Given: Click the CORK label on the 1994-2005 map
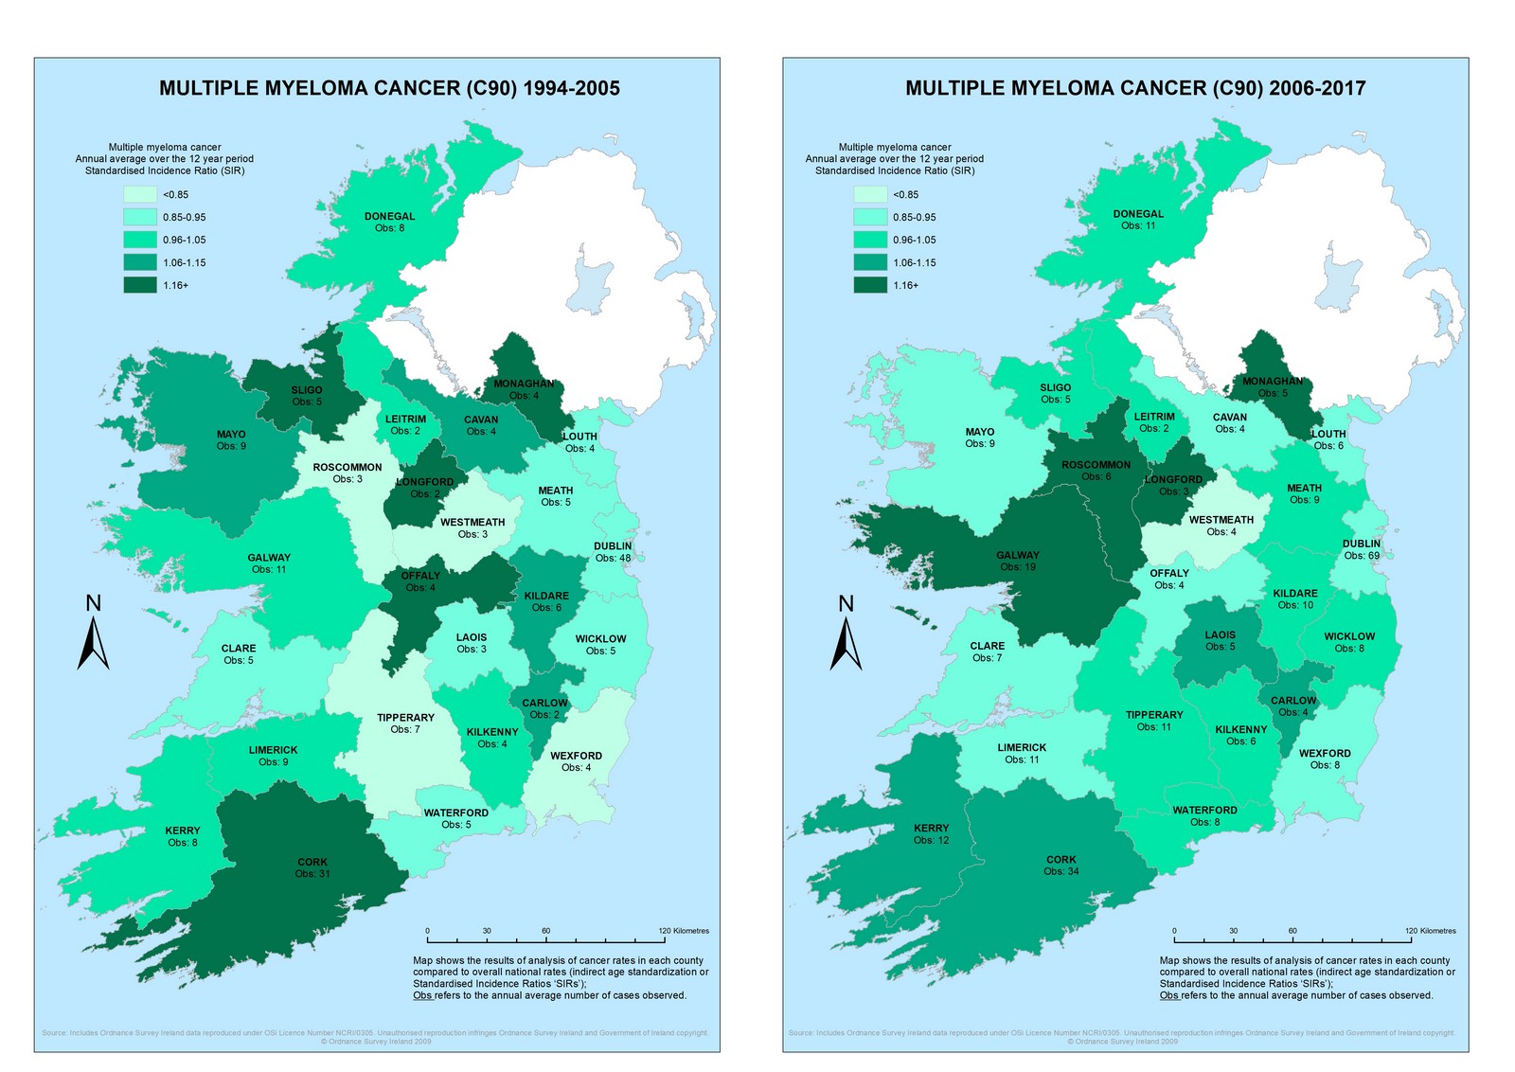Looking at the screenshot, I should (312, 862).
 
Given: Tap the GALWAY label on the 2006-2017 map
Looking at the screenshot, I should (1018, 556).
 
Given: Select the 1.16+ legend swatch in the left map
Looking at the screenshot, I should (140, 285).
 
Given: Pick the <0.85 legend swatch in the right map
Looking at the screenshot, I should (870, 194).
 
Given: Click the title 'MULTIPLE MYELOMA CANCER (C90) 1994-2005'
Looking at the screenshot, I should (389, 88).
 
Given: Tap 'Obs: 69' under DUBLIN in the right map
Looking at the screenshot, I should (1362, 556).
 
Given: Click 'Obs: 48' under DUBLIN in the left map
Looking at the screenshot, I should (613, 559).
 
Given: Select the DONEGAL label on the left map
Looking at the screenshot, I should (390, 216).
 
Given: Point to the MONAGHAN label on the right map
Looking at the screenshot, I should (1273, 382).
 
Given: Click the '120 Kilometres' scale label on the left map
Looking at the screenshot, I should (684, 931).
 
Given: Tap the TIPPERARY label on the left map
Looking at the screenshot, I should (405, 718).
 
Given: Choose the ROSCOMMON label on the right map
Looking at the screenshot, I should (1096, 465).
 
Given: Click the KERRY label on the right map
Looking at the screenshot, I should (931, 828).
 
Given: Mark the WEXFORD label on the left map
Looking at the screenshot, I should (576, 756).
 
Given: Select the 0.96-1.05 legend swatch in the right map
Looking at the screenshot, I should (870, 240).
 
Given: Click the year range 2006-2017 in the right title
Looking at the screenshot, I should (1318, 88).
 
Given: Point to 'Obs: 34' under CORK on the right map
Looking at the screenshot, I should (1060, 872).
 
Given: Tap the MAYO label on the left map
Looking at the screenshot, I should (231, 435).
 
